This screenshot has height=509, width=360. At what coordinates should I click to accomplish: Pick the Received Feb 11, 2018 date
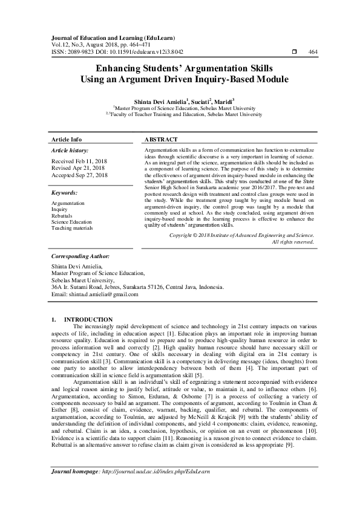tap(79, 161)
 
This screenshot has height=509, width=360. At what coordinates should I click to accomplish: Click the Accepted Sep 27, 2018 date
tap(79, 175)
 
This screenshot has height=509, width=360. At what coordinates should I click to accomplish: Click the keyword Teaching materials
tap(72, 228)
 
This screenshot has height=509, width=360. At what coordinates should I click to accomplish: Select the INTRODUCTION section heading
tap(88, 319)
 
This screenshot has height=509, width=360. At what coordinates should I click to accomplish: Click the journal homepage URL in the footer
tap(157, 487)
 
